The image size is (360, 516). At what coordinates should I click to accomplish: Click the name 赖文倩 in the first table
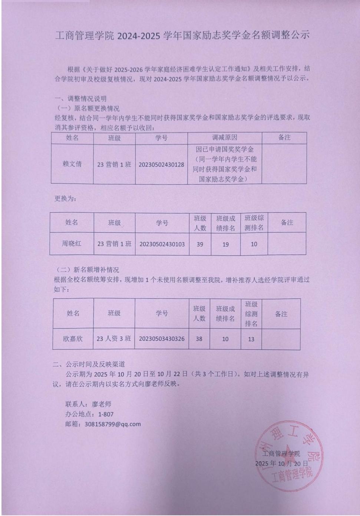pyautogui.click(x=72, y=164)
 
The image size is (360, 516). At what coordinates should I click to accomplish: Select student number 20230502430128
pyautogui.click(x=161, y=164)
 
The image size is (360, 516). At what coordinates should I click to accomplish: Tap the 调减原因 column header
pyautogui.click(x=224, y=138)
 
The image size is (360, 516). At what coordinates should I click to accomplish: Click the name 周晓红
pyautogui.click(x=72, y=244)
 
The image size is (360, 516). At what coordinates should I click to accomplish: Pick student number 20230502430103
pyautogui.click(x=162, y=244)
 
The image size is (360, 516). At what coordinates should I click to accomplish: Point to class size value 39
pyautogui.click(x=200, y=244)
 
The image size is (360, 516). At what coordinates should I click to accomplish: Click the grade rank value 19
pyautogui.click(x=225, y=244)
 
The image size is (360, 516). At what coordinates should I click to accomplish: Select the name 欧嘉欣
pyautogui.click(x=73, y=339)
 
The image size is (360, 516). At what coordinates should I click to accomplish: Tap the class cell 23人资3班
pyautogui.click(x=114, y=339)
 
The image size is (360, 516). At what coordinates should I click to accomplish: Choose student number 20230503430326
pyautogui.click(x=162, y=339)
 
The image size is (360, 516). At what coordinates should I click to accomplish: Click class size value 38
pyautogui.click(x=199, y=339)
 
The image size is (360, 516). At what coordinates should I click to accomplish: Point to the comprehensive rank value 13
pyautogui.click(x=251, y=339)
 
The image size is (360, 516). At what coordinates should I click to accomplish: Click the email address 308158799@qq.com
pyautogui.click(x=113, y=424)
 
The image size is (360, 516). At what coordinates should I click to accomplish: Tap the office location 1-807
pyautogui.click(x=106, y=414)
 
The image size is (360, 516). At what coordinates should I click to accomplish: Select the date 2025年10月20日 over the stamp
pyautogui.click(x=281, y=463)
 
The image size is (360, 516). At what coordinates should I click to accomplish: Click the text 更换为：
pyautogui.click(x=66, y=199)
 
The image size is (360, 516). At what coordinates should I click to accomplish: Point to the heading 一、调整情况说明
pyautogui.click(x=80, y=99)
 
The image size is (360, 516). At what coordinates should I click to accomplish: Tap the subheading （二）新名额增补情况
pyautogui.click(x=87, y=270)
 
